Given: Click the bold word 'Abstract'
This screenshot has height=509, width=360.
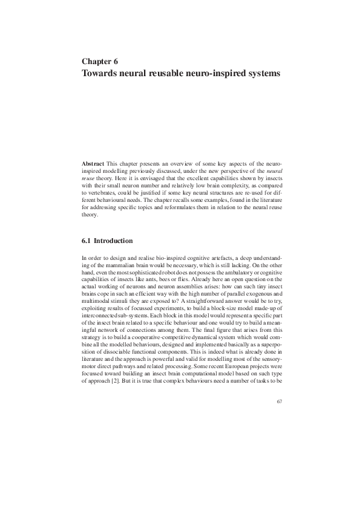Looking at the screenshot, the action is click(x=93, y=164).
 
